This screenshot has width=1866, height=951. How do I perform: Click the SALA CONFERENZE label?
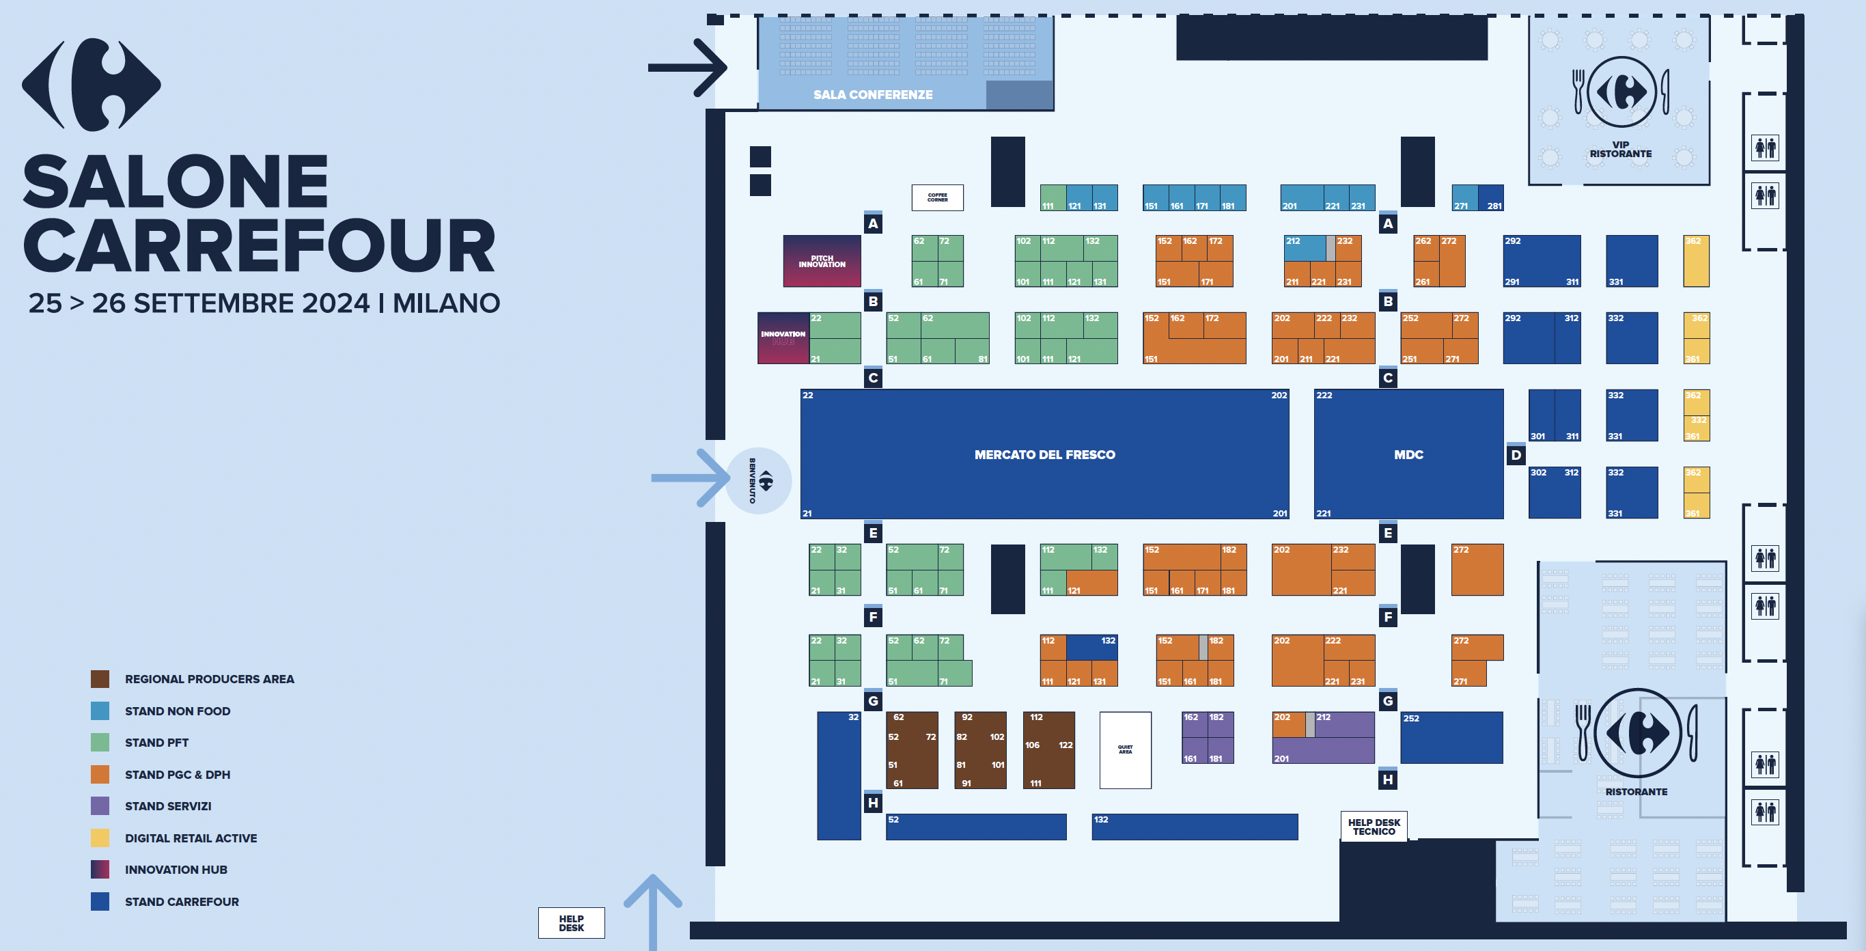(872, 94)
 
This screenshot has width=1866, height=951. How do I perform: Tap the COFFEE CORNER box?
(936, 197)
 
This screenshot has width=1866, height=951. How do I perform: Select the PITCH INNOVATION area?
(822, 261)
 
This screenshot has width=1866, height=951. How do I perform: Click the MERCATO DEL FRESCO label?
(1044, 454)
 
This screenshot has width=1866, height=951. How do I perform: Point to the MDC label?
(1408, 454)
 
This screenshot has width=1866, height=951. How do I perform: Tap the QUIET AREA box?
(1125, 749)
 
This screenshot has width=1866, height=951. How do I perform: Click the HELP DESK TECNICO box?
(1374, 827)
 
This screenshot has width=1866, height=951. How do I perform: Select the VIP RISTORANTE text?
(1620, 149)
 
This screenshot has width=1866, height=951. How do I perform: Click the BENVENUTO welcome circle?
(758, 480)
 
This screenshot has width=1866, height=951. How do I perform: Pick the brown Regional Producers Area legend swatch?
(100, 678)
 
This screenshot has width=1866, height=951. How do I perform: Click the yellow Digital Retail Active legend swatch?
(100, 838)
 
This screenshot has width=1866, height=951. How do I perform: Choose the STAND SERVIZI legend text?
(168, 806)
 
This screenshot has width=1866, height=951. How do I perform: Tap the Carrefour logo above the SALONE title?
(92, 84)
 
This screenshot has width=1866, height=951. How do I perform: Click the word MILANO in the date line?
(446, 303)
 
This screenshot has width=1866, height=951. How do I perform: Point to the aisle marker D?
(1516, 455)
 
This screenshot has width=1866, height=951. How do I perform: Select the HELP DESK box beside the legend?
(571, 923)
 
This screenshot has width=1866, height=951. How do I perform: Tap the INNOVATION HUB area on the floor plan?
(783, 337)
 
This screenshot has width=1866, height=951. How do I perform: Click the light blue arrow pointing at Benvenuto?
(689, 478)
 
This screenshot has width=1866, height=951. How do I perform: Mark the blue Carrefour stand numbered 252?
(1451, 737)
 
